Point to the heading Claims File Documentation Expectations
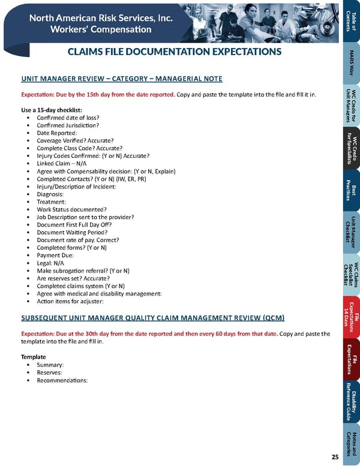click(x=175, y=52)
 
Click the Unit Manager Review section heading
click(x=122, y=79)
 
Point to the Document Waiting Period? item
click(x=72, y=232)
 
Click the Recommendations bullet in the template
click(x=62, y=380)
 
